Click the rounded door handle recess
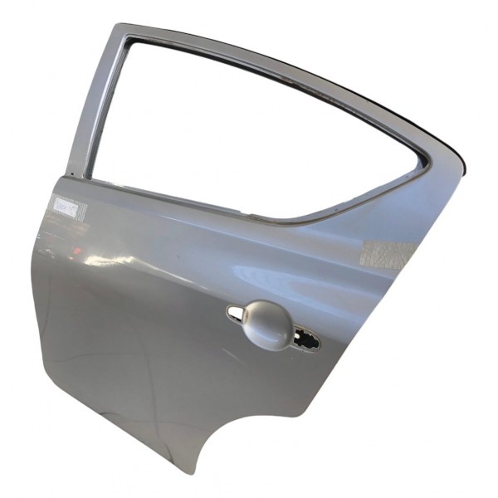click(268, 325)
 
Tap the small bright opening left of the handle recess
click(235, 312)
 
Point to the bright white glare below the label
click(91, 263)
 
